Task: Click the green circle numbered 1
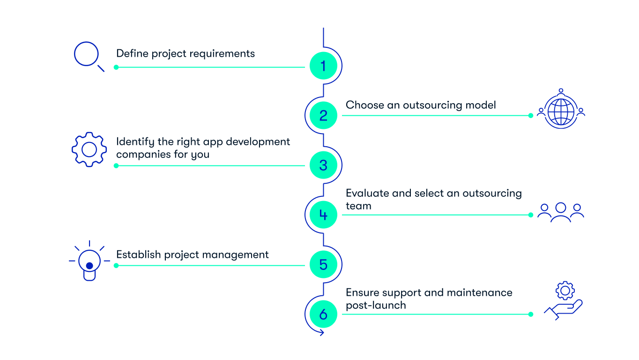(323, 66)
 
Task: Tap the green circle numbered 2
(323, 115)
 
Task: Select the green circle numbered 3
(323, 165)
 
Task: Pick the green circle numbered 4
(323, 215)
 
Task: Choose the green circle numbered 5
(323, 264)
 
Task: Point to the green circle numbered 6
(323, 314)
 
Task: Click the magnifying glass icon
(89, 56)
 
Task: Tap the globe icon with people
(560, 110)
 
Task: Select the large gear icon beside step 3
(89, 150)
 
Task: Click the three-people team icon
(560, 212)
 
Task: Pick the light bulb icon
(89, 261)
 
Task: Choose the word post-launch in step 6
(376, 305)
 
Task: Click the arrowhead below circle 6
(321, 333)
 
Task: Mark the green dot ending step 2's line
(530, 115)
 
